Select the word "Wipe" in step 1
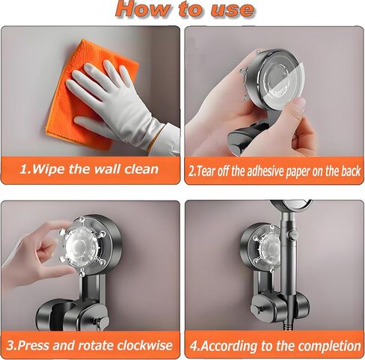coord(48,169)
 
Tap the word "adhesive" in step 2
coord(257,171)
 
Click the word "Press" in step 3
coord(34,346)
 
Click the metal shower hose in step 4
coord(289,322)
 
